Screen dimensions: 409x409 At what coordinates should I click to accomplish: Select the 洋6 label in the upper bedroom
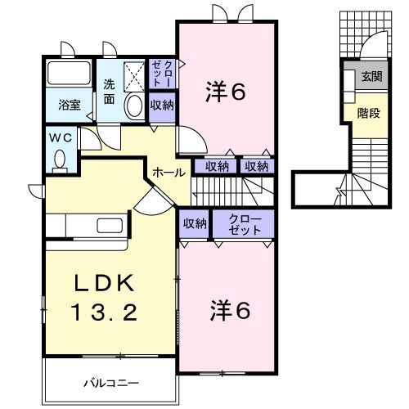pos(224,92)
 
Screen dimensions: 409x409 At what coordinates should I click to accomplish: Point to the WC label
pos(61,138)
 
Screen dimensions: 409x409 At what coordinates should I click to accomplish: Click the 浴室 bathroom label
pos(68,105)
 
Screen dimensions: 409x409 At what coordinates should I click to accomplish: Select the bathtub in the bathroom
pos(70,74)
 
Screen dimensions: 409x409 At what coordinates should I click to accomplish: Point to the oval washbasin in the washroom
pos(133,106)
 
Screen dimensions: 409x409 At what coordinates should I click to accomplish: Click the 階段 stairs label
pos(368,113)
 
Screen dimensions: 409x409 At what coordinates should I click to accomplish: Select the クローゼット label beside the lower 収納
pos(245,224)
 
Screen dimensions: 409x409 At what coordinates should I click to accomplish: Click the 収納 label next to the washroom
pos(161,105)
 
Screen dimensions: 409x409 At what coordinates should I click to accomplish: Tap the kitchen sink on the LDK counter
pos(109,226)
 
